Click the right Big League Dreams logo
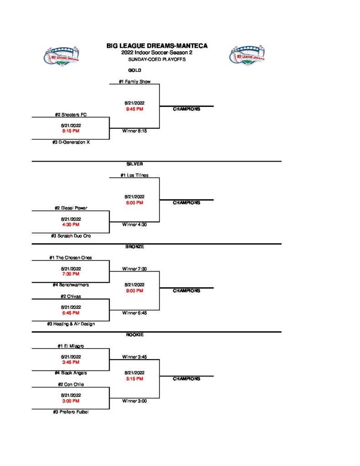[247, 56]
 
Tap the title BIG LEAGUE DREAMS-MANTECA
[157, 46]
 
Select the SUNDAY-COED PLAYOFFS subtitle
[157, 59]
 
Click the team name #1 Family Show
[134, 81]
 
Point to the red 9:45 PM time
[134, 109]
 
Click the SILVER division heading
[134, 163]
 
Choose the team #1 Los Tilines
[134, 175]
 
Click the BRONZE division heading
[134, 247]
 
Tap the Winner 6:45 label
[134, 313]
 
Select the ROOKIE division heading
[134, 335]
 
